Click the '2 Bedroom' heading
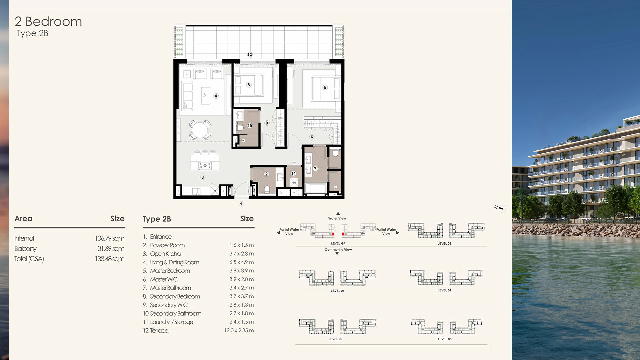click(x=48, y=22)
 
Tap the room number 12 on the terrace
click(x=250, y=55)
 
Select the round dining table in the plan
click(x=200, y=130)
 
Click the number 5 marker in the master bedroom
click(x=325, y=87)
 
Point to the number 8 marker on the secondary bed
click(x=248, y=85)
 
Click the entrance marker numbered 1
click(x=241, y=204)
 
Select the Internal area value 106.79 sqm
click(x=109, y=238)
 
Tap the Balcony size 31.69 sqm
click(x=111, y=249)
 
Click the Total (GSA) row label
click(x=29, y=259)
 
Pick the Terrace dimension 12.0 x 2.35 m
click(x=239, y=331)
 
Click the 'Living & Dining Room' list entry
click(x=174, y=262)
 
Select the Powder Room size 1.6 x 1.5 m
click(x=241, y=245)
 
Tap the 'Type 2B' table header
click(x=157, y=219)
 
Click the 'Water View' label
click(x=337, y=218)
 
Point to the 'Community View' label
click(x=338, y=250)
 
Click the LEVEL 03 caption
click(x=444, y=244)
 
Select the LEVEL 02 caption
click(x=335, y=339)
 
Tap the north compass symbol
click(x=500, y=208)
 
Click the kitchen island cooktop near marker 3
click(x=205, y=165)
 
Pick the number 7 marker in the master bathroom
click(x=315, y=169)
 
